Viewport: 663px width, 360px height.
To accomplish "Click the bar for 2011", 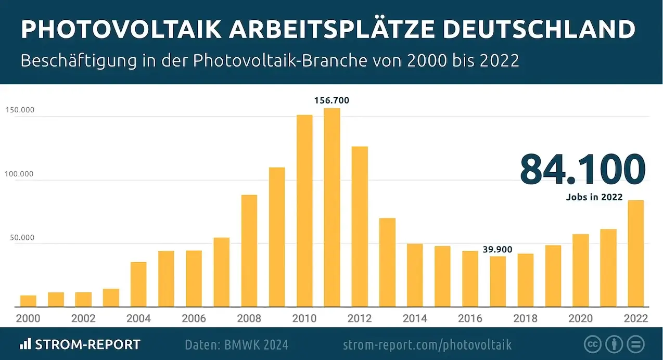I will pos(332,208).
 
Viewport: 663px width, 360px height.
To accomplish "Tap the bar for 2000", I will pos(29,301).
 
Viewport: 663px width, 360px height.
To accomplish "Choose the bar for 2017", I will pos(498,281).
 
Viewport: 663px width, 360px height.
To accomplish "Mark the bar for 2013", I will pos(387,263).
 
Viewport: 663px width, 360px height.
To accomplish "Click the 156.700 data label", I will pos(332,100).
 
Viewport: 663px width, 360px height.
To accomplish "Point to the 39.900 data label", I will pos(498,250).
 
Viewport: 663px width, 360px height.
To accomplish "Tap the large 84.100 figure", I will pos(582,170).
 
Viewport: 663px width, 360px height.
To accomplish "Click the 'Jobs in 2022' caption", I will pos(594,197).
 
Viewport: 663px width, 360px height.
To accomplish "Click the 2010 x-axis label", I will pos(304,318).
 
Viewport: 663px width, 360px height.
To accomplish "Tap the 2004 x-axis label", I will pos(138,318).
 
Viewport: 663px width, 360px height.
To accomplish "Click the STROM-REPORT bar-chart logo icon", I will pos(25,344).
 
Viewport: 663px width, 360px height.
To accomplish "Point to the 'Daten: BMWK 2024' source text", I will pos(236,344).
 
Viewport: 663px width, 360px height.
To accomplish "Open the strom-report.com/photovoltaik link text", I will pos(427,344).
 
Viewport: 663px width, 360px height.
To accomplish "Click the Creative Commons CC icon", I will pos(592,344).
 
